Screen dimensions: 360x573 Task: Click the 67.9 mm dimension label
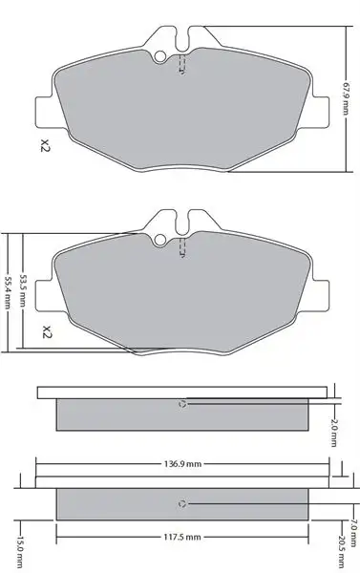coord(346,97)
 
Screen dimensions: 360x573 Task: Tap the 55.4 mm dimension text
coord(7,292)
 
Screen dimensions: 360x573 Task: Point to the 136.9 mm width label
coord(182,464)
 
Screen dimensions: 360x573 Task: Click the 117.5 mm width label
coord(182,537)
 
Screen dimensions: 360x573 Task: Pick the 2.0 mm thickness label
coord(333,433)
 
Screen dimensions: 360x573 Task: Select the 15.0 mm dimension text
coord(19,552)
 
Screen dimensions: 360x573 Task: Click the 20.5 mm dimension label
coord(342,552)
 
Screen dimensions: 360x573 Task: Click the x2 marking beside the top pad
coord(45,145)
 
